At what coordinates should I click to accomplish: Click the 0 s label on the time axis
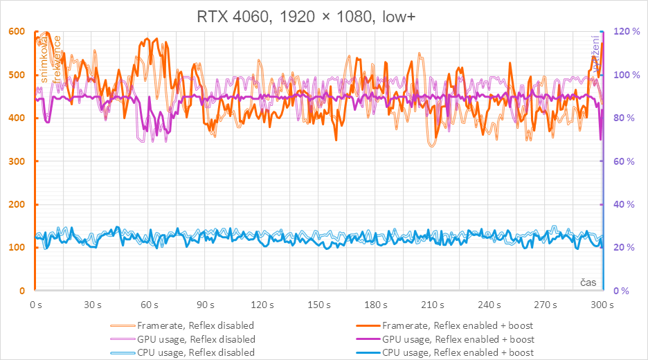[37, 305]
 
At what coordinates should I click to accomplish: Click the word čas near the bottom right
[588, 282]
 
